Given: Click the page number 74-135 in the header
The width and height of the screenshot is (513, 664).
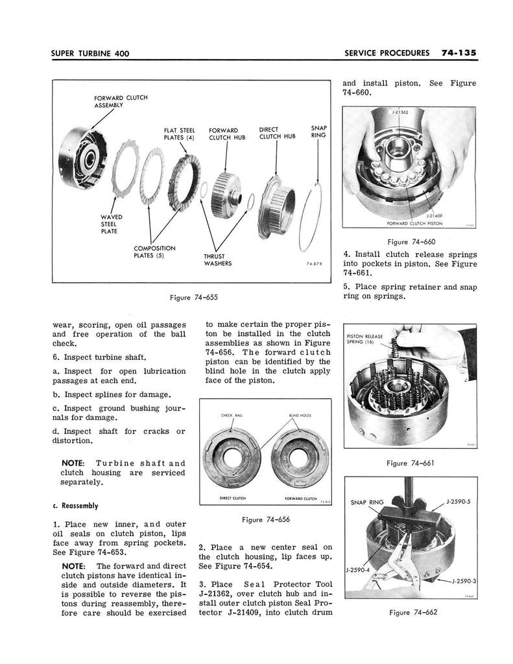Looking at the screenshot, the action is tap(459, 53).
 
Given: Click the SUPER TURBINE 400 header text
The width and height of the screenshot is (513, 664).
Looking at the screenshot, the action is tap(89, 53).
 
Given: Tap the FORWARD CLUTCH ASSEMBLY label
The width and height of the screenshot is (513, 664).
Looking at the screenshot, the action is tap(121, 101).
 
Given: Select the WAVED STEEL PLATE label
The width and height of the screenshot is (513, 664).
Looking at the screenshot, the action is tap(112, 224).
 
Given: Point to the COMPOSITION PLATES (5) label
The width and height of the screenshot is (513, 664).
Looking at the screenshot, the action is tap(154, 252).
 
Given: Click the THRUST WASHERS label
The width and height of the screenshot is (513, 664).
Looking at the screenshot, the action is tap(218, 260).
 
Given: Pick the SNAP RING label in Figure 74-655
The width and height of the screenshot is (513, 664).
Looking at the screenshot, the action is tap(318, 131).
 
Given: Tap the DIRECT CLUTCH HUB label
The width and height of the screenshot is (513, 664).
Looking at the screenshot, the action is tap(277, 133).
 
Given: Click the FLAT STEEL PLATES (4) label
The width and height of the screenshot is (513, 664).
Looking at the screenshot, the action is tap(180, 134).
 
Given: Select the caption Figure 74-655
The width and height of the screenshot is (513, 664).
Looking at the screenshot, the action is tap(194, 298).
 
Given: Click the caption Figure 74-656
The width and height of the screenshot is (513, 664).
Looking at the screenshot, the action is tap(266, 519).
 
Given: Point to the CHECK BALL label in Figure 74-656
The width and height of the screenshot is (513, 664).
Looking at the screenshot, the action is tap(232, 416).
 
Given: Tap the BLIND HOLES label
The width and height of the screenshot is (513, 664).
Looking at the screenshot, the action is tap(300, 416).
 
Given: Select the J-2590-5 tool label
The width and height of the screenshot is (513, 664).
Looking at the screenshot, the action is tap(459, 502).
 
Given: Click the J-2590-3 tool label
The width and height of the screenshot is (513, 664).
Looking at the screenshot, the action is tap(464, 581).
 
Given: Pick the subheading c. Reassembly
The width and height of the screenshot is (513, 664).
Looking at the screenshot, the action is tap(75, 506).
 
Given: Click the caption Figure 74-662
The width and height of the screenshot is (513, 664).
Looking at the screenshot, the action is tap(413, 612).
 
